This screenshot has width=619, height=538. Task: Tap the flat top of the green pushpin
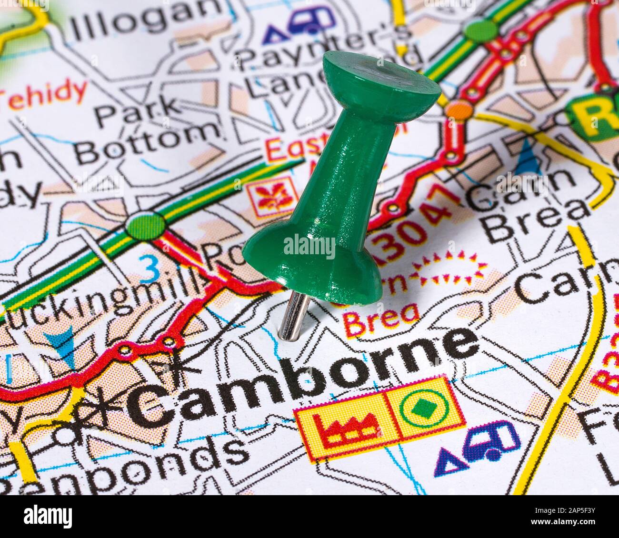pos(381,76)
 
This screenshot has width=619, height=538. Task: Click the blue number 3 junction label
pos(151,270)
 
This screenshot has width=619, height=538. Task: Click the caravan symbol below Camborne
pos(490,440)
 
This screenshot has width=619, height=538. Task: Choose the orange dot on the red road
pos(459,110)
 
